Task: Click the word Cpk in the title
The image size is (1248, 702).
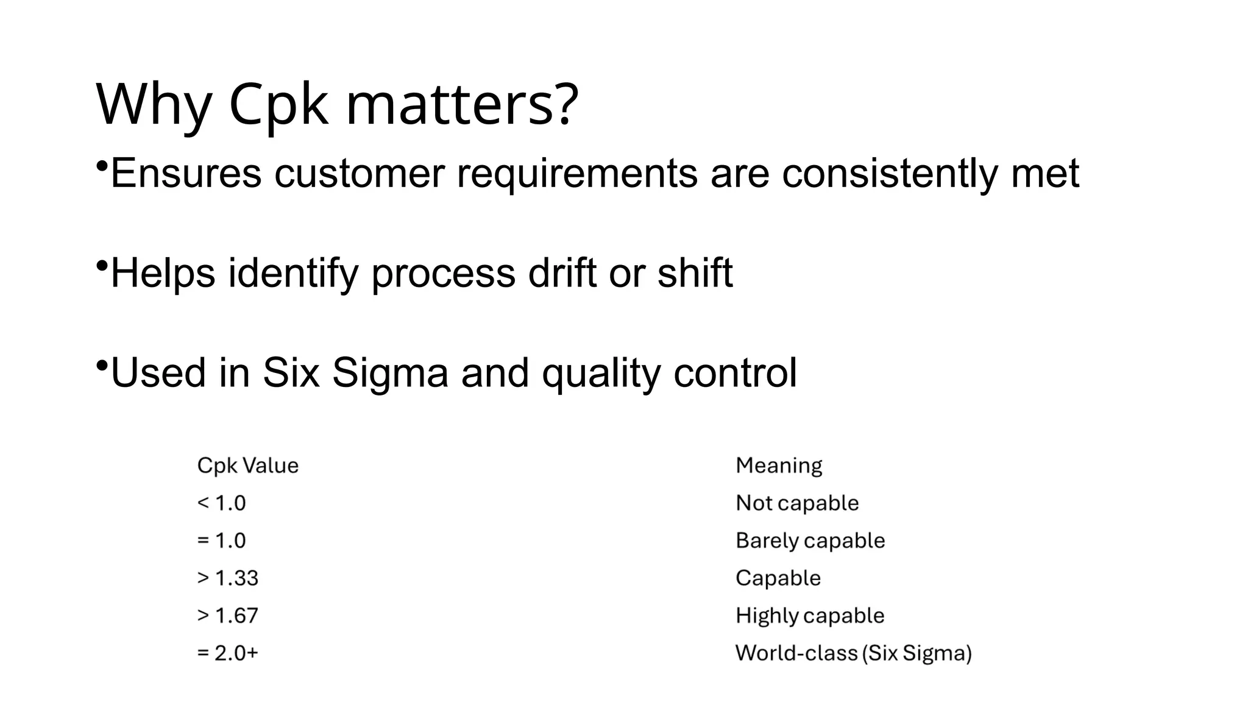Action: pyautogui.click(x=278, y=105)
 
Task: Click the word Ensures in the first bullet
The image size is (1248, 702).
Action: pyautogui.click(x=186, y=173)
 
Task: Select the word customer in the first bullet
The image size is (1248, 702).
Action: pyautogui.click(x=360, y=173)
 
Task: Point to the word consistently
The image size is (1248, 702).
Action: pyautogui.click(x=890, y=173)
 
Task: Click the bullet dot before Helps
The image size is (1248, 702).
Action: pyautogui.click(x=102, y=266)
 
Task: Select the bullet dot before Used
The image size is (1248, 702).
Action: pyautogui.click(x=102, y=366)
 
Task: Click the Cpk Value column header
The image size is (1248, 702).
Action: pyautogui.click(x=248, y=466)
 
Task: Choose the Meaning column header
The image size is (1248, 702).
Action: pyautogui.click(x=779, y=466)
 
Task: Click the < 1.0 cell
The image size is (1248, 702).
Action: pyautogui.click(x=222, y=503)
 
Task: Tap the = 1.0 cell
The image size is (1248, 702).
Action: pyautogui.click(x=222, y=541)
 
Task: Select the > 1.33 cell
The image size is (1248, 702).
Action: pyautogui.click(x=228, y=578)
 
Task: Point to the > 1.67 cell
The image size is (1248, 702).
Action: pyautogui.click(x=228, y=615)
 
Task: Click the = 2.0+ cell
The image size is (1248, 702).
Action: pyautogui.click(x=228, y=653)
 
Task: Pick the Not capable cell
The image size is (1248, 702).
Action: pyautogui.click(x=797, y=503)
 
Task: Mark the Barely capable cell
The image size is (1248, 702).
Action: pyautogui.click(x=810, y=541)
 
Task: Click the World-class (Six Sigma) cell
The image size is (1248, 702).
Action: pyautogui.click(x=853, y=653)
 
